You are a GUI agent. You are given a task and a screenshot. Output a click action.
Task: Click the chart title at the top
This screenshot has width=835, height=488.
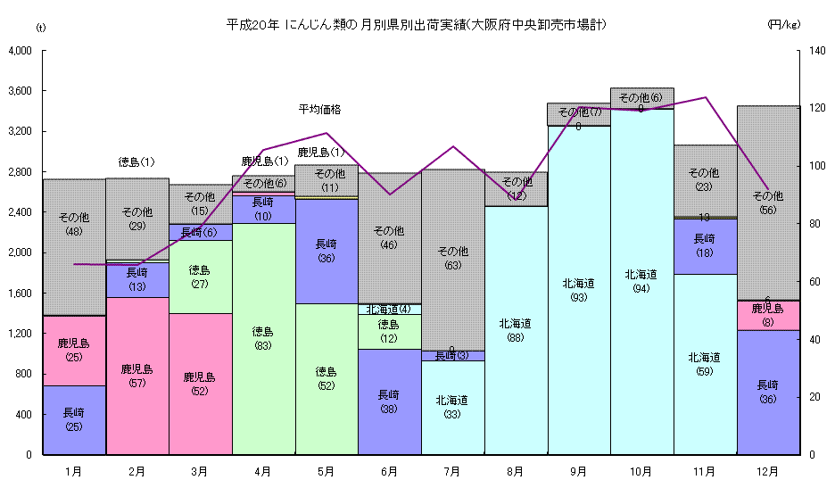(x=417, y=25)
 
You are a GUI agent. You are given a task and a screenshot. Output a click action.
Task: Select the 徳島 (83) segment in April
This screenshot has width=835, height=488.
(x=263, y=339)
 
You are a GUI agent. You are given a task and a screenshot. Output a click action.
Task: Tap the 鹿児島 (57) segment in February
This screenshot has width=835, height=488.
(x=137, y=376)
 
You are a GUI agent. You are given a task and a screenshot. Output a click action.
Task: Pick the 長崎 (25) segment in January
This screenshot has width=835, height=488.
(x=75, y=419)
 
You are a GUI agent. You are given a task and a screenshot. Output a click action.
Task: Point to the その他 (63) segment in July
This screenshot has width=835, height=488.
(x=452, y=259)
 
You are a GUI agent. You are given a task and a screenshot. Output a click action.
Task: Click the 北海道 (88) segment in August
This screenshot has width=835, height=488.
(x=516, y=330)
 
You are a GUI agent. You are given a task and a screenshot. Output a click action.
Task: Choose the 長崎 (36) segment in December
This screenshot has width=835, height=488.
(x=767, y=392)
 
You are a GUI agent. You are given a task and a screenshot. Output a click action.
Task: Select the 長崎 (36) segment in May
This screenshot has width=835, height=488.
(x=327, y=251)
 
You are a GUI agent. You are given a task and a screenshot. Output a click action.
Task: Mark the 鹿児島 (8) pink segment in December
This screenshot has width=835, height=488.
(x=767, y=315)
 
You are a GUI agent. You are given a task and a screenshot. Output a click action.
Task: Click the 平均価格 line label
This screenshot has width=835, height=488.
(x=319, y=110)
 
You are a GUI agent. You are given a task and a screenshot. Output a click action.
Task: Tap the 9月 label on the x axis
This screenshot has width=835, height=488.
(x=578, y=470)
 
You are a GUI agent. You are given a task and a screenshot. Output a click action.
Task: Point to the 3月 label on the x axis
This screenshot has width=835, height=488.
(x=200, y=470)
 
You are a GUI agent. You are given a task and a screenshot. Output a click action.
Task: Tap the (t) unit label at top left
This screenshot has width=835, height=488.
(x=40, y=28)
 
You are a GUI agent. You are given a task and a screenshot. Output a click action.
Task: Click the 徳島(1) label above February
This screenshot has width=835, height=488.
(x=136, y=162)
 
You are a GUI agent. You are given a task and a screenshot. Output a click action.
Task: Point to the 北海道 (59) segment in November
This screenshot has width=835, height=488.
(x=704, y=364)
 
